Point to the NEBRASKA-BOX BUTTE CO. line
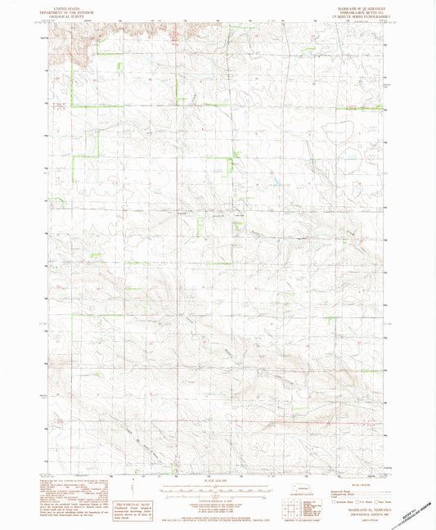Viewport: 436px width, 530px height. tap(353, 11)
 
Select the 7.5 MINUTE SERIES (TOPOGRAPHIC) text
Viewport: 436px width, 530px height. tap(353, 16)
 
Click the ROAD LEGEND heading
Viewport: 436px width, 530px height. tap(353, 483)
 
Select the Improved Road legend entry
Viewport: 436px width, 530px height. tap(336, 488)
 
